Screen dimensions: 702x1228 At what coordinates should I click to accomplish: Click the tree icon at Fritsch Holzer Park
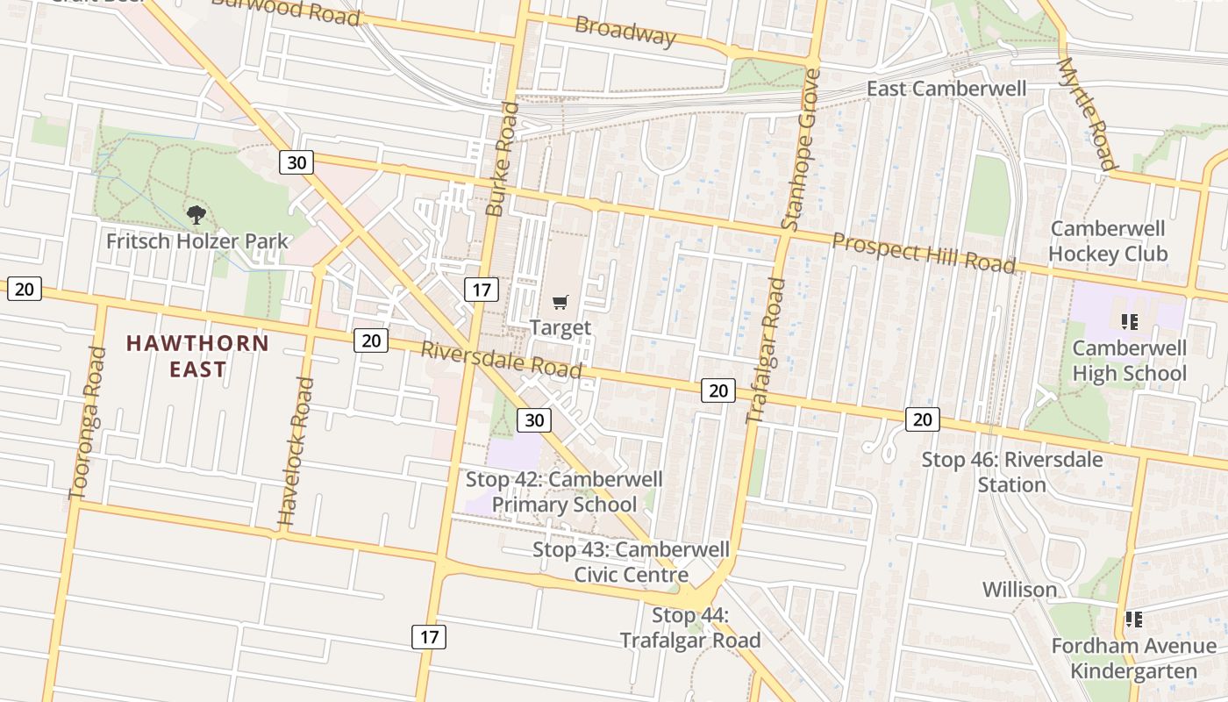tap(196, 214)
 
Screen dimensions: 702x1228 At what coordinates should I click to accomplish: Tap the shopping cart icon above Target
tap(560, 303)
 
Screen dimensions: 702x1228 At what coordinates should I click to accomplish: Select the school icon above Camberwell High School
tap(1130, 322)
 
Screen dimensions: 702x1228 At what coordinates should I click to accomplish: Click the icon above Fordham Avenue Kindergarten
tap(1133, 620)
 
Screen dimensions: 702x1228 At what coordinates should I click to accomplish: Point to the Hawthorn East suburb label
tap(197, 355)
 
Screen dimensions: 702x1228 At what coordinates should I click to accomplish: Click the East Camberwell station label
tap(946, 89)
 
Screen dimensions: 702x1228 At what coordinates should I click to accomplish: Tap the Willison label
tap(1019, 589)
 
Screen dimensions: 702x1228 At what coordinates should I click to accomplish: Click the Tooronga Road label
tap(87, 423)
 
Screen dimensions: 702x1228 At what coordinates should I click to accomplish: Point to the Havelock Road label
tap(295, 452)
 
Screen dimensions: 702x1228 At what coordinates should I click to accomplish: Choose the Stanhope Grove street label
tap(799, 149)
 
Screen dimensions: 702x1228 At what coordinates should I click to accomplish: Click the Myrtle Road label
tap(1088, 114)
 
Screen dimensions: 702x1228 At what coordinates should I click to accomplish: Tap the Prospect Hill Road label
tap(924, 253)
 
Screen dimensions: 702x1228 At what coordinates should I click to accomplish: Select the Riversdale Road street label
tap(501, 360)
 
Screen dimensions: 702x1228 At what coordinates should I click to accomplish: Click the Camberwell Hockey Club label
tap(1108, 241)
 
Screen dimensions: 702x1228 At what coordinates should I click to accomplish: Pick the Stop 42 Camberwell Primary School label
tap(564, 491)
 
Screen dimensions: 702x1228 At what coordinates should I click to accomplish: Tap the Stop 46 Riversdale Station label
tap(1012, 472)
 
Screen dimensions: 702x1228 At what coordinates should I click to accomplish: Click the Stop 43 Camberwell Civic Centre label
tap(631, 562)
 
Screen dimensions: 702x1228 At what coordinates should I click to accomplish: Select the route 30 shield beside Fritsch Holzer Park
tap(297, 162)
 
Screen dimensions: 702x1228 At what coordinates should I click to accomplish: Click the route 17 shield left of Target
tap(481, 290)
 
